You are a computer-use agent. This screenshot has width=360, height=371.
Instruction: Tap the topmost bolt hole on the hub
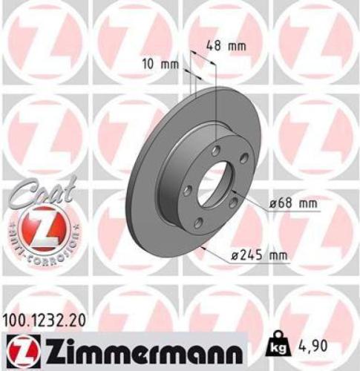point(215,151)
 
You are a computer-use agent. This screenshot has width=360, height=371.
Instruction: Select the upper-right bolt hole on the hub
point(239,168)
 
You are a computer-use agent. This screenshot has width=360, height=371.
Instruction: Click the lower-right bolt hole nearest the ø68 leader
point(232,203)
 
